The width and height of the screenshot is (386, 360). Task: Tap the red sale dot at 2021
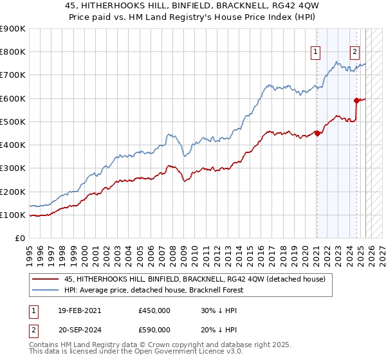click(317, 134)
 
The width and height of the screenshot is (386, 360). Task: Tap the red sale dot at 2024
click(356, 100)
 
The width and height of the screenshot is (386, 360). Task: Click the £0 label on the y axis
click(20, 239)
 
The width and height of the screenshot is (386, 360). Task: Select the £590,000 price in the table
click(154, 330)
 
